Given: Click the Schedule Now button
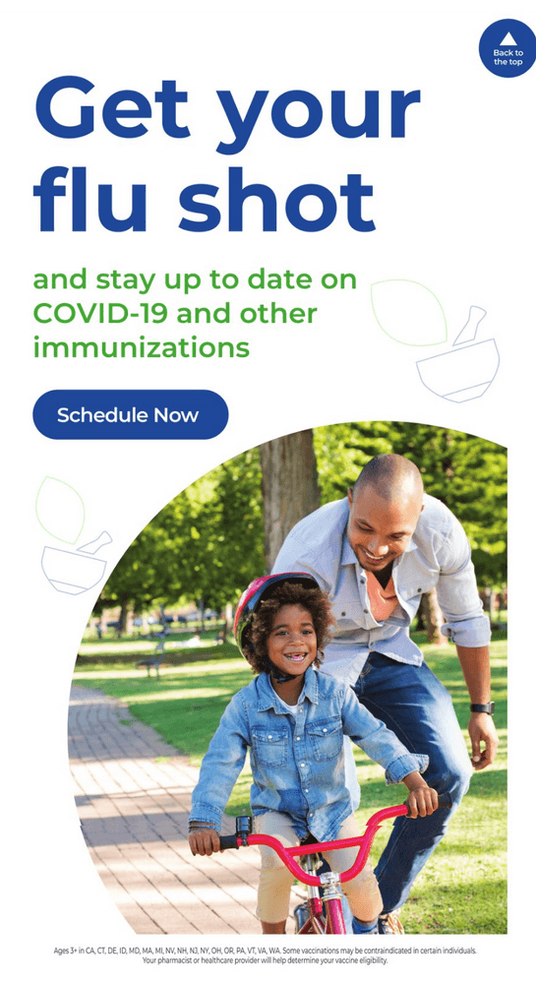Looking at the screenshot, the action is coord(131,415).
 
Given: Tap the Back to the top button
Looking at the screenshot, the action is coord(507,48).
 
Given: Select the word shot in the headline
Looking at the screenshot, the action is coord(277,200).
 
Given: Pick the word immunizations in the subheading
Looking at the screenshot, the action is coord(141,347).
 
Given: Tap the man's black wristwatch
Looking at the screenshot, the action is coord(482,707).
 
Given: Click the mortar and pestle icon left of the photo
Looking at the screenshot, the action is coord(76,563).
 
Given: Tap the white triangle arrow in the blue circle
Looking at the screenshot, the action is coord(508,39).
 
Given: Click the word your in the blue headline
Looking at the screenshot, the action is coord(318,117).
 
